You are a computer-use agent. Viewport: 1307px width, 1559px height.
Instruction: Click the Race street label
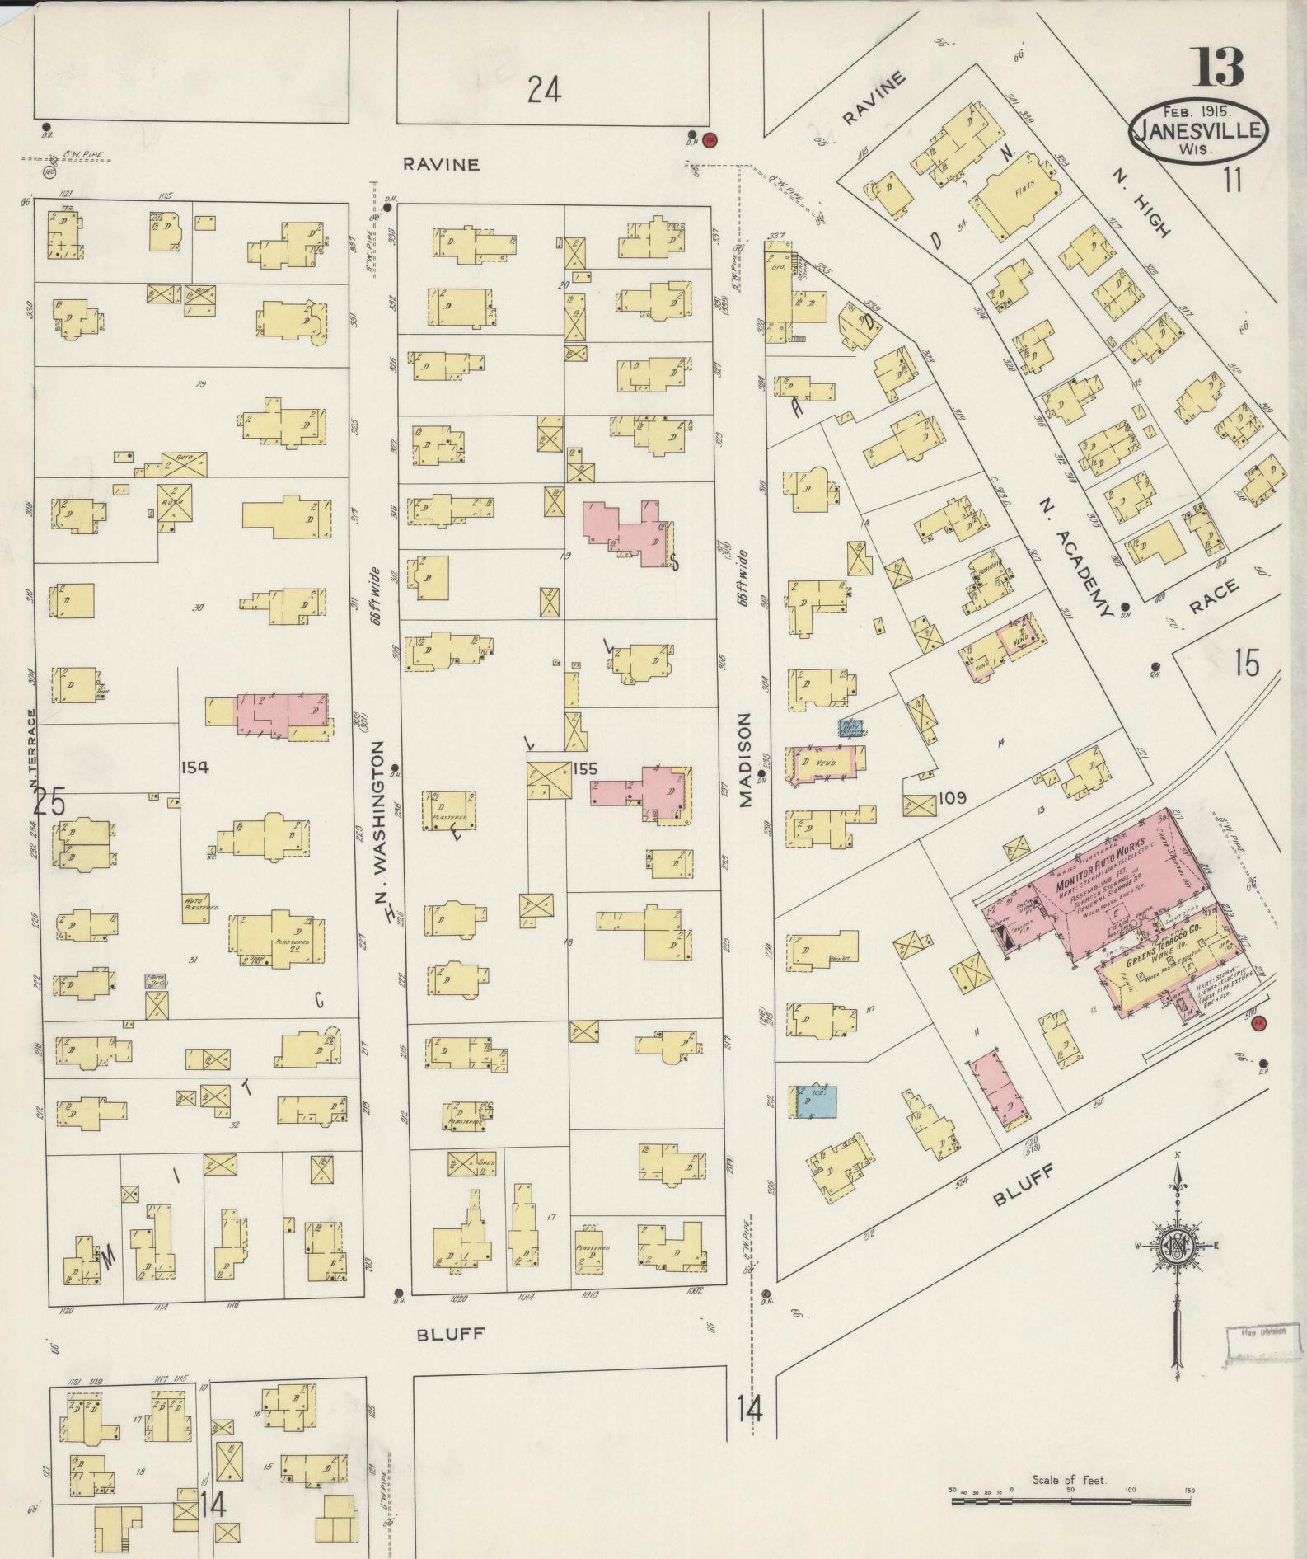(1214, 597)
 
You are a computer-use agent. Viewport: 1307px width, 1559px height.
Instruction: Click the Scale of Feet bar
(1071, 1503)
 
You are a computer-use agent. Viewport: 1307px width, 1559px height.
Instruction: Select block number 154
(194, 768)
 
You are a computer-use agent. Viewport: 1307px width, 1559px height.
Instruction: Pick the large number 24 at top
(545, 89)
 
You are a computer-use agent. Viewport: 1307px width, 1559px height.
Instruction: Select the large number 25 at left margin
(49, 801)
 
